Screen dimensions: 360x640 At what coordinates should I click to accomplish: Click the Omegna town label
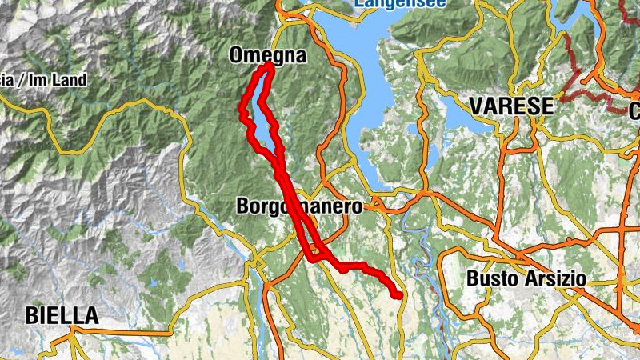267,56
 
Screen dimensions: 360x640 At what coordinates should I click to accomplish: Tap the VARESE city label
512,106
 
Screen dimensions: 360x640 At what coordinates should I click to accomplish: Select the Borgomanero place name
299,206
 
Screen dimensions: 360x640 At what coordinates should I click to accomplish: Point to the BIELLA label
62,316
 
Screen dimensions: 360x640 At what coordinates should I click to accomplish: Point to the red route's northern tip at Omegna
269,66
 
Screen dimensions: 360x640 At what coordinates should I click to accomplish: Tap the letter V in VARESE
478,106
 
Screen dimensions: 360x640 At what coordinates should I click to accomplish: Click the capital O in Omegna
237,56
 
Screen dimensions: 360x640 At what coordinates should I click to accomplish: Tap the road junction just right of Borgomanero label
373,206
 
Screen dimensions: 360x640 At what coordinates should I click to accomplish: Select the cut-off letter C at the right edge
634,111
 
